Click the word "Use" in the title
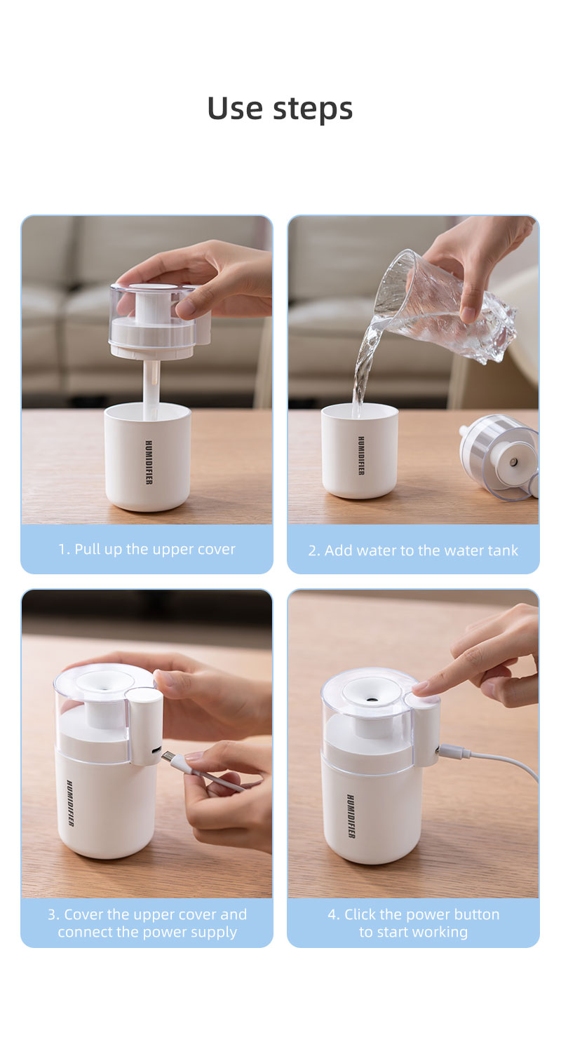point(234,108)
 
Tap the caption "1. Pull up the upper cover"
point(147,549)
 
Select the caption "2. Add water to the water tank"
point(413,550)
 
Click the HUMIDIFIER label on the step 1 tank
point(149,462)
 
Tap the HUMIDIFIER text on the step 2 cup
point(361,456)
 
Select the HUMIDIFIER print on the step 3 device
point(70,803)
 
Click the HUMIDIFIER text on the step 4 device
point(350,815)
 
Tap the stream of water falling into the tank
point(363,372)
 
